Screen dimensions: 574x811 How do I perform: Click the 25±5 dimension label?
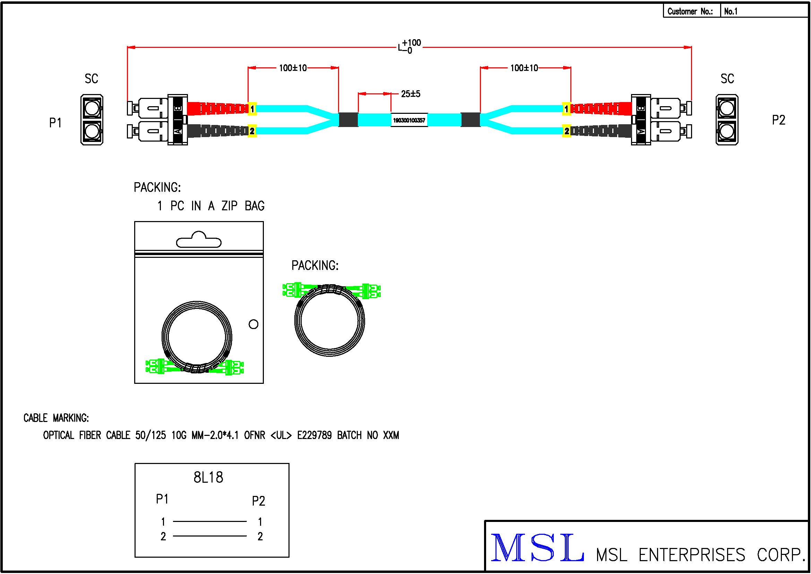click(411, 94)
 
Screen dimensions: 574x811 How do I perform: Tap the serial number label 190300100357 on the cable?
click(409, 120)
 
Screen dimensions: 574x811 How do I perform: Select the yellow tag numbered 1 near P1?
click(252, 109)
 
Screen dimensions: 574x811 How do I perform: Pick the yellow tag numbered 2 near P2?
click(567, 131)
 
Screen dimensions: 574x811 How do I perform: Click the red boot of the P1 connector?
click(217, 108)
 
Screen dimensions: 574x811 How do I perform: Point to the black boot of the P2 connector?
click(601, 131)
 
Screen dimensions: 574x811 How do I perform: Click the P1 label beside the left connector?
click(55, 123)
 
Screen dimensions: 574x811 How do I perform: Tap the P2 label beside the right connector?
click(778, 120)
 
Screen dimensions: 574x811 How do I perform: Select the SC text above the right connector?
click(727, 79)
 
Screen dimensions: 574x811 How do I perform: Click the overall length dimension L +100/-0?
click(410, 47)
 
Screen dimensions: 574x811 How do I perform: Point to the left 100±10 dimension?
click(293, 68)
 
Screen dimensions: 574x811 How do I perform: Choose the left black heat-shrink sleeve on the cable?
click(348, 120)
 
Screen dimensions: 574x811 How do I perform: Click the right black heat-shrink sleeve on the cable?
click(471, 120)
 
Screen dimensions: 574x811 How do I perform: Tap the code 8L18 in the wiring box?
click(208, 478)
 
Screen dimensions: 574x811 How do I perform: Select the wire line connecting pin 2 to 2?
click(210, 536)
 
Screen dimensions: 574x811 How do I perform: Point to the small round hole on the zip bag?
click(253, 324)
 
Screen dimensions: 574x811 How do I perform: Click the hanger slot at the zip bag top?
click(199, 240)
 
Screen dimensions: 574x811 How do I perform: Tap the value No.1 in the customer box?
click(731, 11)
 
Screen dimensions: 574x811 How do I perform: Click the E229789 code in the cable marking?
click(314, 435)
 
